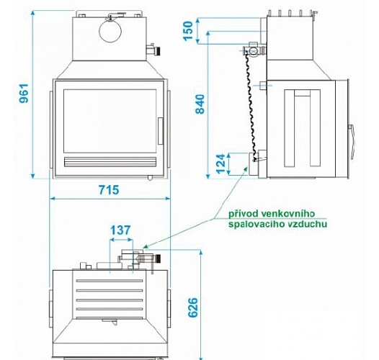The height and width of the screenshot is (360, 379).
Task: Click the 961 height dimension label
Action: point(24,94)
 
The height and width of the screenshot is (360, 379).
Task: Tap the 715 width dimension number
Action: point(109,190)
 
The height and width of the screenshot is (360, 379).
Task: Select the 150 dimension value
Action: point(189,31)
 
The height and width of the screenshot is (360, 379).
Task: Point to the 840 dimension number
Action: point(200,104)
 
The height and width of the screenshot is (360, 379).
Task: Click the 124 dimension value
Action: point(220,163)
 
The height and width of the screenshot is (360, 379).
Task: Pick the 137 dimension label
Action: point(120,230)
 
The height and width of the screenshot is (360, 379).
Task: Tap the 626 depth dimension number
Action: point(193,307)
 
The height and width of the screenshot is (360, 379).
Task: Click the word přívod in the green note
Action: point(244,214)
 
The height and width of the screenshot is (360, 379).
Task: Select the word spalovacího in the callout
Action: point(257,224)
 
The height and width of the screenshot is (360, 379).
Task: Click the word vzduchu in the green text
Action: point(307,224)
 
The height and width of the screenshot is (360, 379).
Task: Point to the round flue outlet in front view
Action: point(110,32)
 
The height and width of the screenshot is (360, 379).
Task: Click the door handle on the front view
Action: point(161,131)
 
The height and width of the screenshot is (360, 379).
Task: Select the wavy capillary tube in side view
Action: point(251,107)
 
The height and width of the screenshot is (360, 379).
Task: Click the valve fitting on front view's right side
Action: point(153,50)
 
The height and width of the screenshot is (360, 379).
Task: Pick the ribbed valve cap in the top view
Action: point(159,259)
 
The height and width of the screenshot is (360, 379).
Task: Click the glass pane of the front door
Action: point(110,121)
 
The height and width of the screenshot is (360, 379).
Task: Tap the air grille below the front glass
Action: point(110,162)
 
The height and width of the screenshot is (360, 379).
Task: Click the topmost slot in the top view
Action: point(110,281)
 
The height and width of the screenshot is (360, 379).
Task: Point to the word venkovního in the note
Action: point(288,214)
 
